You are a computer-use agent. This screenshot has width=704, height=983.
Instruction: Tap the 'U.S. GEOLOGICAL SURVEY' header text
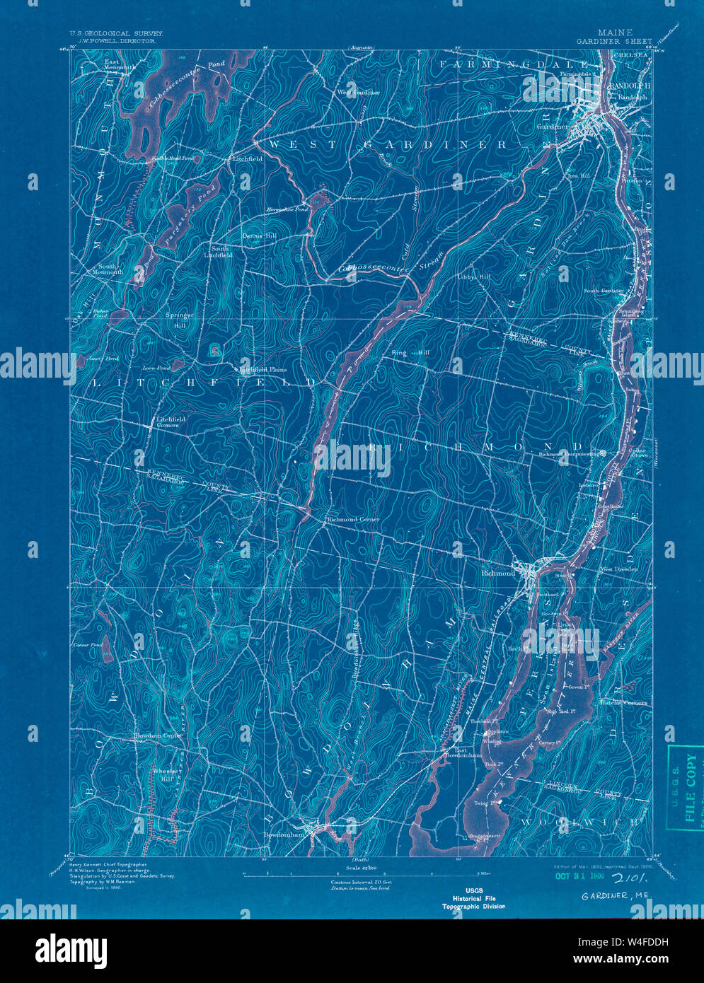(115, 33)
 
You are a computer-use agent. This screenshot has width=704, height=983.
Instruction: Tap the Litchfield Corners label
(171, 422)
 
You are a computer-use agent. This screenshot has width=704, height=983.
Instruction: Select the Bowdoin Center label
(159, 736)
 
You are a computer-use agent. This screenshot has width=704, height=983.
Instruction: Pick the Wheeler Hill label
(163, 774)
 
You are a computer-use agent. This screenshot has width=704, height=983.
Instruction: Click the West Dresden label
(618, 569)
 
